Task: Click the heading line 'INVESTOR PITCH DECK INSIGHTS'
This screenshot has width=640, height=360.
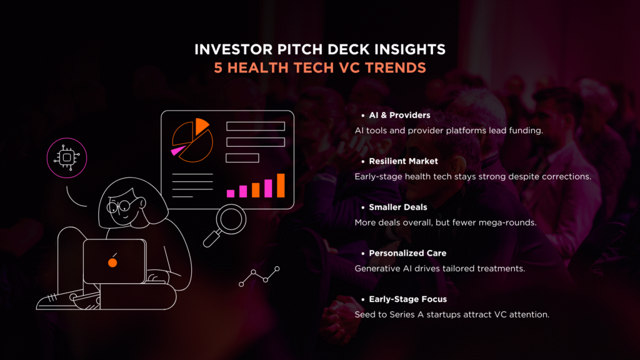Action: point(320,49)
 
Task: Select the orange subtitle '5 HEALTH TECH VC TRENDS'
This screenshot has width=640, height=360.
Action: point(320,67)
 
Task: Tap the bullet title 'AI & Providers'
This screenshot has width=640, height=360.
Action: point(399,115)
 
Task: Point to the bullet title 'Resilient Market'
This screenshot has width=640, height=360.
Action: point(403,161)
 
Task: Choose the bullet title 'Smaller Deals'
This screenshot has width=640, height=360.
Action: point(398,207)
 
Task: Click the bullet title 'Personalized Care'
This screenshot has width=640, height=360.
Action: point(407,253)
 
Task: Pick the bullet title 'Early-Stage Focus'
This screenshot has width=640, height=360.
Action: point(407,299)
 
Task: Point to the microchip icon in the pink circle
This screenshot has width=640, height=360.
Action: point(67,157)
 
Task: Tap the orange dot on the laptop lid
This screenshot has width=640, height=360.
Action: point(112,262)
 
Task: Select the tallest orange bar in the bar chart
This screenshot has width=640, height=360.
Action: point(281,185)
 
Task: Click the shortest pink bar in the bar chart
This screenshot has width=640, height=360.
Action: point(231,194)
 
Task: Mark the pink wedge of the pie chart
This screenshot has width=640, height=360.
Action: point(178,151)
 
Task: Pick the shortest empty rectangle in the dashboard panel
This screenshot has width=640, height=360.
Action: point(242,158)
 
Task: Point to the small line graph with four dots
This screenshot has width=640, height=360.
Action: point(259,276)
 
